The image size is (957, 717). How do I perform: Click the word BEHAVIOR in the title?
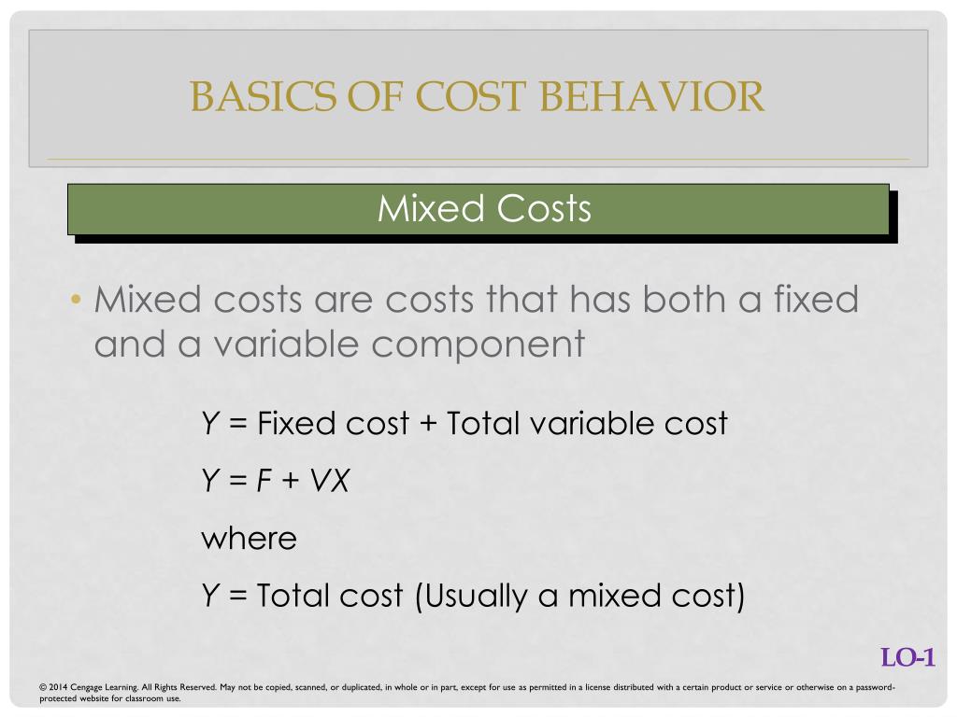[651, 96]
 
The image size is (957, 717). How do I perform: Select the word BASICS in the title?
[263, 96]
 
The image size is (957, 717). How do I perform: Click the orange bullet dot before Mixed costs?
[76, 300]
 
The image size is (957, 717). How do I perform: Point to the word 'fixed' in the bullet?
[816, 299]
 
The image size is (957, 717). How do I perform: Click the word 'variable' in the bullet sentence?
[286, 344]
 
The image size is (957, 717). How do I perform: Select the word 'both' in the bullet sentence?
[683, 299]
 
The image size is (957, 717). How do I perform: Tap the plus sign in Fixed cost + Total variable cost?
[428, 424]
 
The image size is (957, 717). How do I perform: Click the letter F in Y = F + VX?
[264, 481]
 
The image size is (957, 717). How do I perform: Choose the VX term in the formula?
[330, 481]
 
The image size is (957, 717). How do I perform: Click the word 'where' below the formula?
[249, 539]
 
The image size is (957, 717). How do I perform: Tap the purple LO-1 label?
[907, 658]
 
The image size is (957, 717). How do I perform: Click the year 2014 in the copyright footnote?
[58, 687]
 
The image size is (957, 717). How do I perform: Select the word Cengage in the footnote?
[86, 688]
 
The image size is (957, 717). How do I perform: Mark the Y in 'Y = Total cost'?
[210, 595]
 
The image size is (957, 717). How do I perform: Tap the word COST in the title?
[470, 96]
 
